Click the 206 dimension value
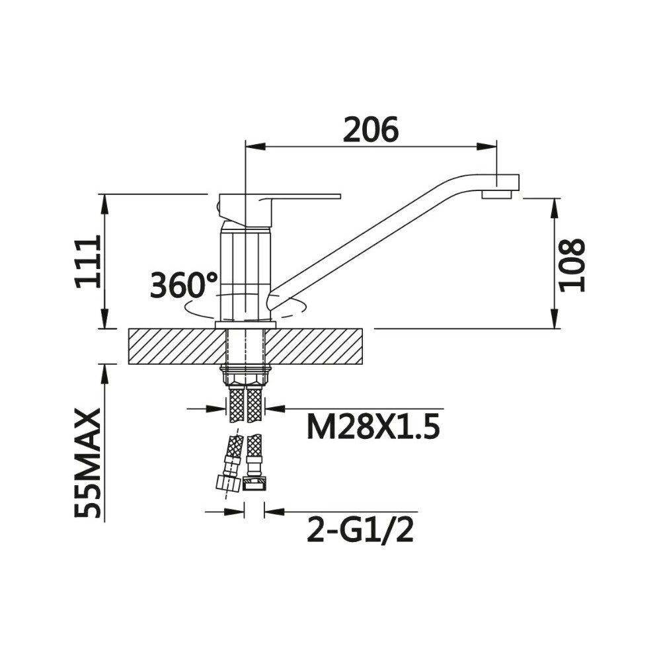pyautogui.click(x=371, y=130)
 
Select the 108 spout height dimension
pyautogui.click(x=572, y=264)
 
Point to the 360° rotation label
pyautogui.click(x=183, y=285)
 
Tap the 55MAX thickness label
pyautogui.click(x=88, y=463)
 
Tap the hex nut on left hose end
pyautogui.click(x=227, y=482)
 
